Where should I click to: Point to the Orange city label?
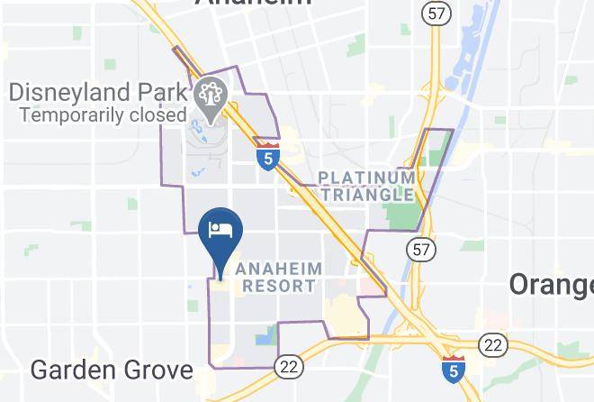551,285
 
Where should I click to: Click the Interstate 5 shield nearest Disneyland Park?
266,155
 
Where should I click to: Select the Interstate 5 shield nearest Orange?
454,370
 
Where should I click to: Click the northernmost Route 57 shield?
436,14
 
